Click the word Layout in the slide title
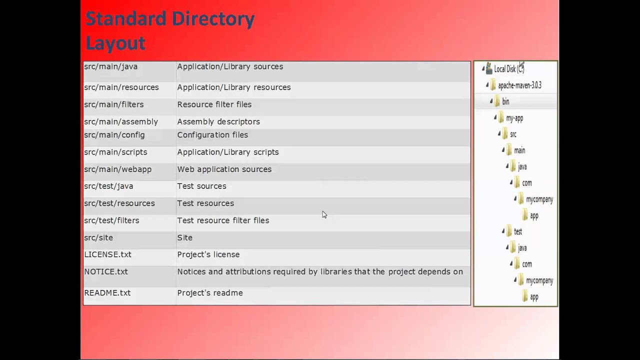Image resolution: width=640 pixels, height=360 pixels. (115, 43)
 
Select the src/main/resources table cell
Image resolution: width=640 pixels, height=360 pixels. (121, 87)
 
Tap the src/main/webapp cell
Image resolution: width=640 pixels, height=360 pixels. (118, 169)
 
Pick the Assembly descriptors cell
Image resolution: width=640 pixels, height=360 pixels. (218, 122)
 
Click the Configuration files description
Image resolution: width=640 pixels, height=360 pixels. (212, 135)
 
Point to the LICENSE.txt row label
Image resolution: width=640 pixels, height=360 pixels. (108, 254)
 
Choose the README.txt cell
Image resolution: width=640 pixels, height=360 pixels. (107, 293)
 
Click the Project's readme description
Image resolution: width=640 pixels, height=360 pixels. (210, 293)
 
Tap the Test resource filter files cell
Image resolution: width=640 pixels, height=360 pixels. (223, 220)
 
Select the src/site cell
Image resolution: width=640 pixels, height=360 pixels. (98, 238)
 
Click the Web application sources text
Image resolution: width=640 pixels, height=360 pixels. (224, 169)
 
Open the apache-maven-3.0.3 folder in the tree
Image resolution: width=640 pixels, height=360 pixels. (519, 85)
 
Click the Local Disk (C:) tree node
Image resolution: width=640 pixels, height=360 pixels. (508, 69)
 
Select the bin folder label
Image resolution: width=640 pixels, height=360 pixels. (505, 102)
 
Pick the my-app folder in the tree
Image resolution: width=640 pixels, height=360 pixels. (514, 118)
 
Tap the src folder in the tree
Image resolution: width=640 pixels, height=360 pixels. (513, 134)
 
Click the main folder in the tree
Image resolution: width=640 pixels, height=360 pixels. (519, 150)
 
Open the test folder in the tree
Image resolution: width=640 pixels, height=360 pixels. (518, 232)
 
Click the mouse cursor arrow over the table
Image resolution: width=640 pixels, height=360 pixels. (324, 214)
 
